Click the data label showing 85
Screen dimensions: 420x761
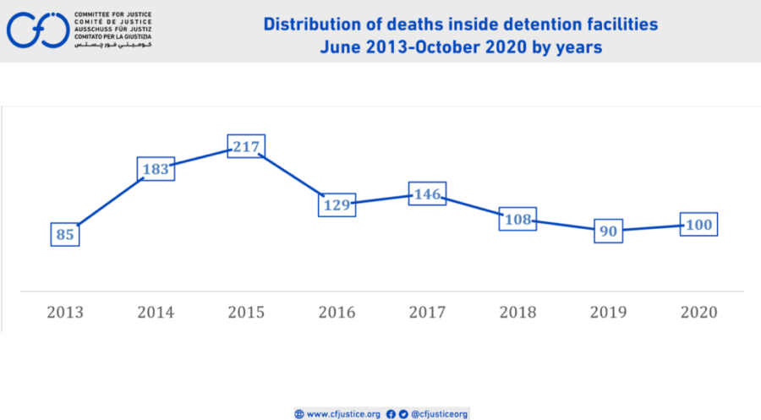pos(65,234)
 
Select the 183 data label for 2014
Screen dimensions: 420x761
pos(156,169)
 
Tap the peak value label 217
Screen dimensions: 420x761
pos(246,146)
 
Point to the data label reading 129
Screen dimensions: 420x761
pos(337,204)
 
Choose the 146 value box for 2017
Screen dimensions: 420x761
pos(427,194)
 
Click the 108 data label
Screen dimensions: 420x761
pos(517,220)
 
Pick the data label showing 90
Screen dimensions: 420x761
pos(608,231)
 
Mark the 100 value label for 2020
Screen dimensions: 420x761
pos(698,225)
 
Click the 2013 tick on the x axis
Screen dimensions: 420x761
pos(65,312)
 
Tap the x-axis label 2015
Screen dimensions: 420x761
pos(246,312)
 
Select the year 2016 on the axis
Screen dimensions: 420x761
pos(337,312)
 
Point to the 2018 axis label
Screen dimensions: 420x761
pos(517,312)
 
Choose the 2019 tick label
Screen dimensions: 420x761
pos(608,312)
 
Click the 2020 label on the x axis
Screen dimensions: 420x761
pos(698,312)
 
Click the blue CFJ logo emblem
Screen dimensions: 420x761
pos(38,30)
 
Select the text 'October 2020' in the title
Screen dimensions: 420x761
pos(462,47)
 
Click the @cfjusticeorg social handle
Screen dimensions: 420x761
pos(439,414)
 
